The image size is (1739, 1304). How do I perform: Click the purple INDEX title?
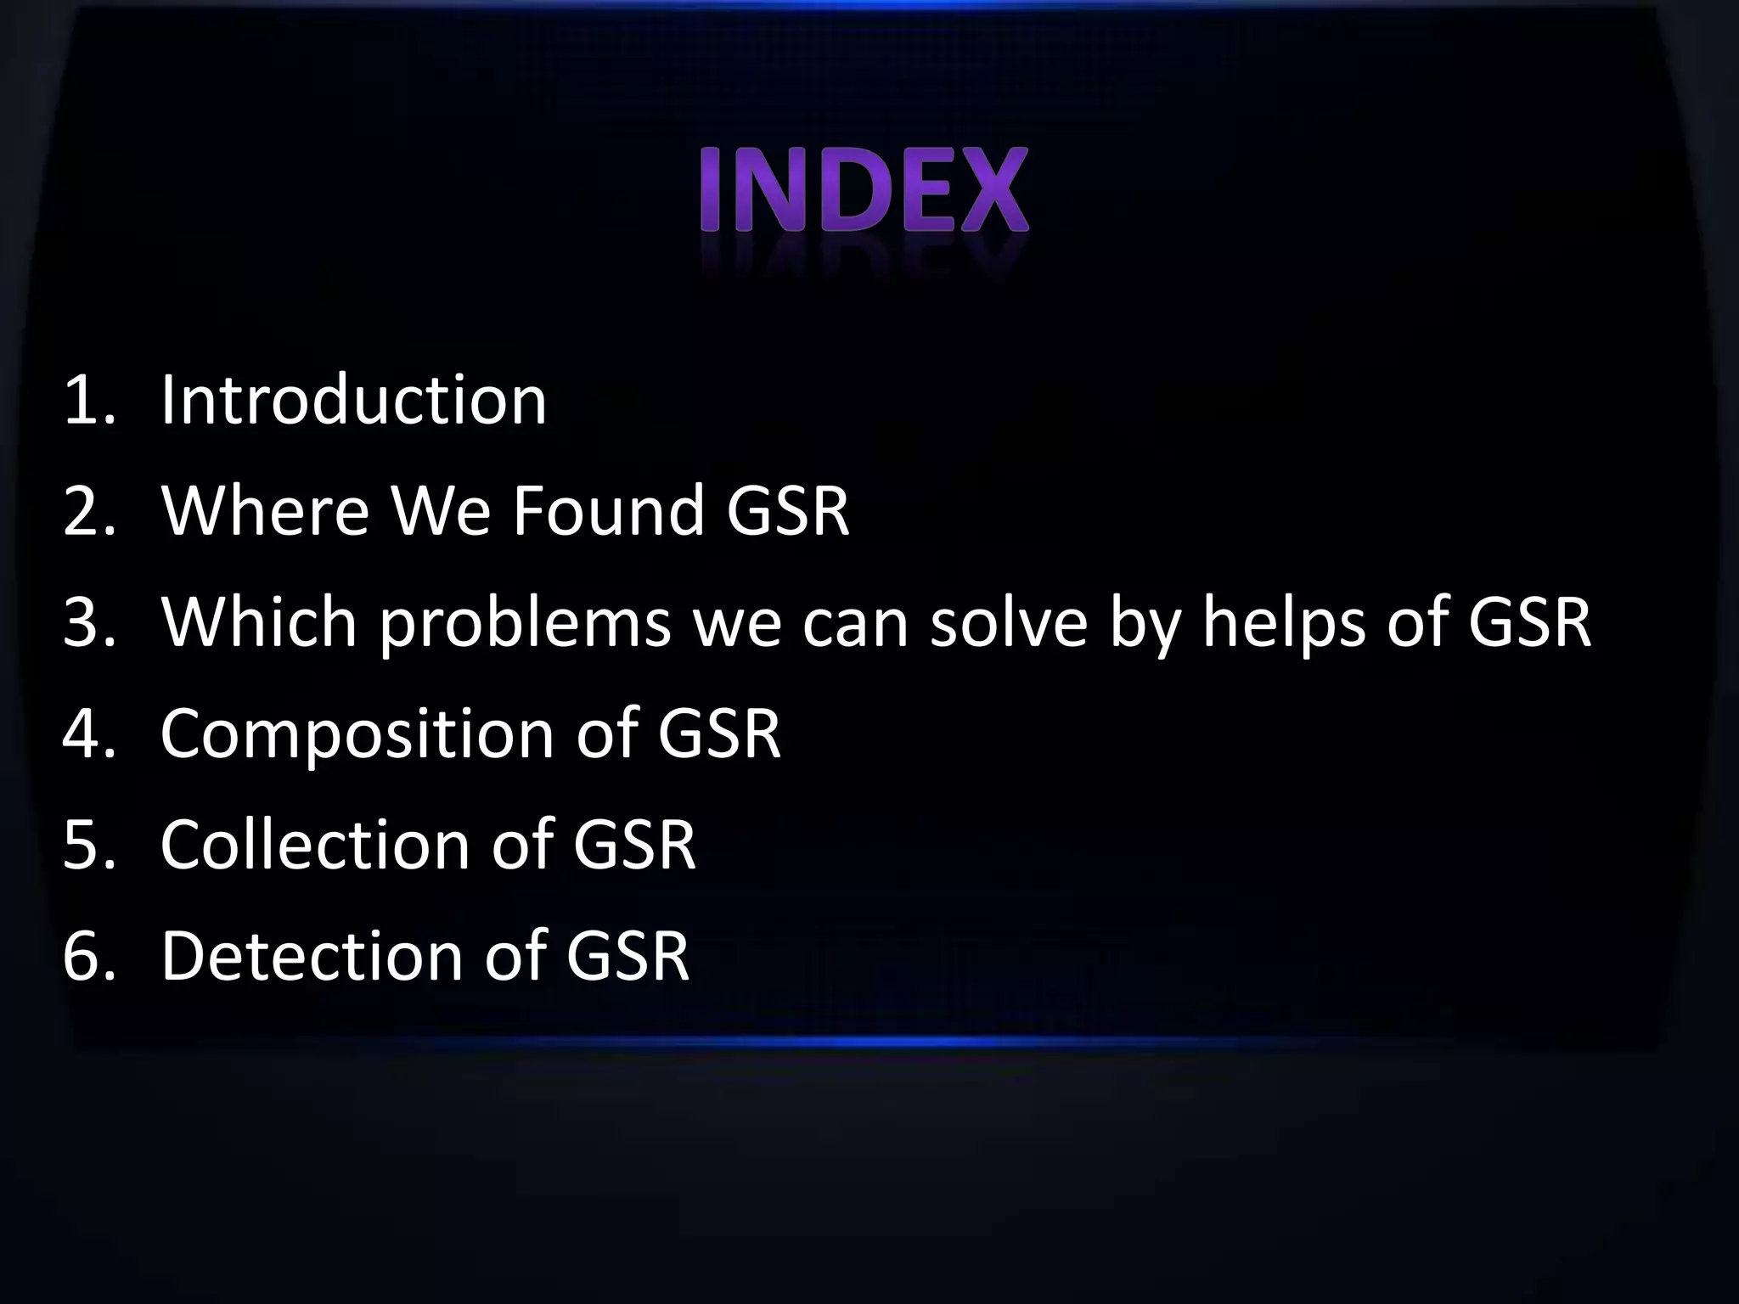(864, 191)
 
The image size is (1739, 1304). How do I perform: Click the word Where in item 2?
(265, 510)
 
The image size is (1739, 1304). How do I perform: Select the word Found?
(609, 510)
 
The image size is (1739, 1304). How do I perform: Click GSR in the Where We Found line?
(787, 510)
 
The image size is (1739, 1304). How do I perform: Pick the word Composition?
(357, 734)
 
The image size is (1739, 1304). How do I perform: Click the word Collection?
(314, 844)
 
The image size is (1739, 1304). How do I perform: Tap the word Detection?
(312, 955)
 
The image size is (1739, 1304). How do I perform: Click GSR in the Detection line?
(628, 955)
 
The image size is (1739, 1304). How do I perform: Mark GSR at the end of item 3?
(1529, 621)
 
